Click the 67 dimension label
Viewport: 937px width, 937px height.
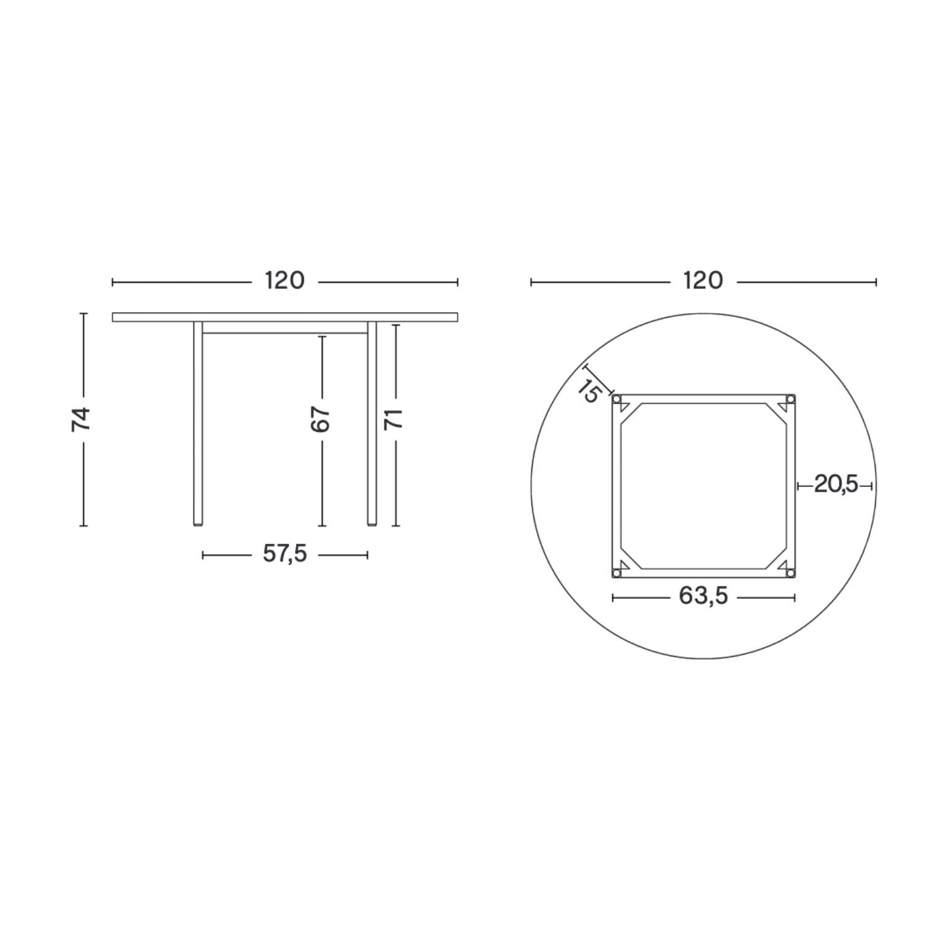(x=321, y=419)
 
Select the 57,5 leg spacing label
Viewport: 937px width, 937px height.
(x=285, y=554)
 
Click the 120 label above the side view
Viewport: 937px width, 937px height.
(x=285, y=281)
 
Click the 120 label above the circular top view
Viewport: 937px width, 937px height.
(x=703, y=281)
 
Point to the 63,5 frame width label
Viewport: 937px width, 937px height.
(x=703, y=596)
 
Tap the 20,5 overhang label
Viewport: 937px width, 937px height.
(x=836, y=485)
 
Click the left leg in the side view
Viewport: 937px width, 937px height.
(x=197, y=425)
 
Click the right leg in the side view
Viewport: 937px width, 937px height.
(x=372, y=425)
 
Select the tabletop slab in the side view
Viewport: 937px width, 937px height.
(x=285, y=317)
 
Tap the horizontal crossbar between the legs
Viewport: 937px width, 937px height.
(x=285, y=333)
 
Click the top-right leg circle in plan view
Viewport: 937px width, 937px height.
(x=790, y=399)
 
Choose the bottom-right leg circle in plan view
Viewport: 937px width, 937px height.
(x=790, y=573)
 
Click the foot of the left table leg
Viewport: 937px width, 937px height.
(x=197, y=524)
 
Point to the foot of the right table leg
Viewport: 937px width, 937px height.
(x=372, y=524)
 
